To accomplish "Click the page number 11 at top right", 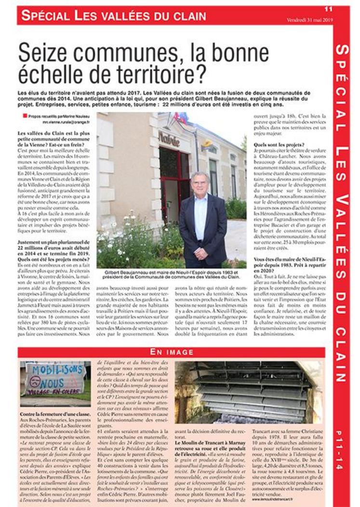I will (x=328, y=9).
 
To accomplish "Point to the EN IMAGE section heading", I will (x=172, y=352).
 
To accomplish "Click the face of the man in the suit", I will (x=199, y=183).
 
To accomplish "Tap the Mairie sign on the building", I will (x=169, y=141).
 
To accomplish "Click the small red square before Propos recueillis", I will (x=25, y=116).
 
